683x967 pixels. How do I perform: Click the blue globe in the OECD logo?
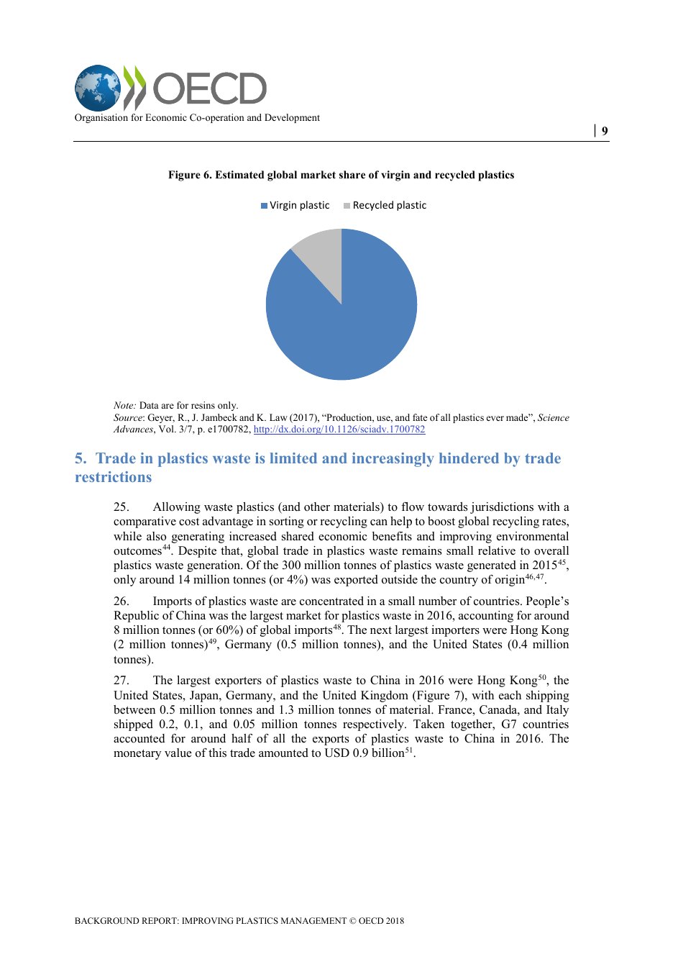point(98,88)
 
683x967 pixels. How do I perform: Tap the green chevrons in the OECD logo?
point(134,88)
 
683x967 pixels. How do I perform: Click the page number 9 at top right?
point(605,131)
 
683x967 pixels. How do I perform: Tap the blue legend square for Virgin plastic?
point(264,206)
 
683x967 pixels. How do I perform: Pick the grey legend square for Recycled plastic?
point(347,206)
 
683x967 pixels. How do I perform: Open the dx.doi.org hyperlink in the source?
point(339,430)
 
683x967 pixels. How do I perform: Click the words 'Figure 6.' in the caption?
point(190,175)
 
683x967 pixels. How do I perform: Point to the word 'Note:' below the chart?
point(124,406)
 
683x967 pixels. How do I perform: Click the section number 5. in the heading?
point(81,459)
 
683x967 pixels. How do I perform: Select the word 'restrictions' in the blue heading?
point(114,478)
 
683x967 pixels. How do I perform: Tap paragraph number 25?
point(121,507)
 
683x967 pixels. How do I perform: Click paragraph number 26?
point(121,601)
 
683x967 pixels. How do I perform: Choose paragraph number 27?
point(121,681)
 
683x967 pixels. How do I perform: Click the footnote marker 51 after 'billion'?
point(409,750)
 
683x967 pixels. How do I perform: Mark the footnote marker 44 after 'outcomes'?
point(166,548)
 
